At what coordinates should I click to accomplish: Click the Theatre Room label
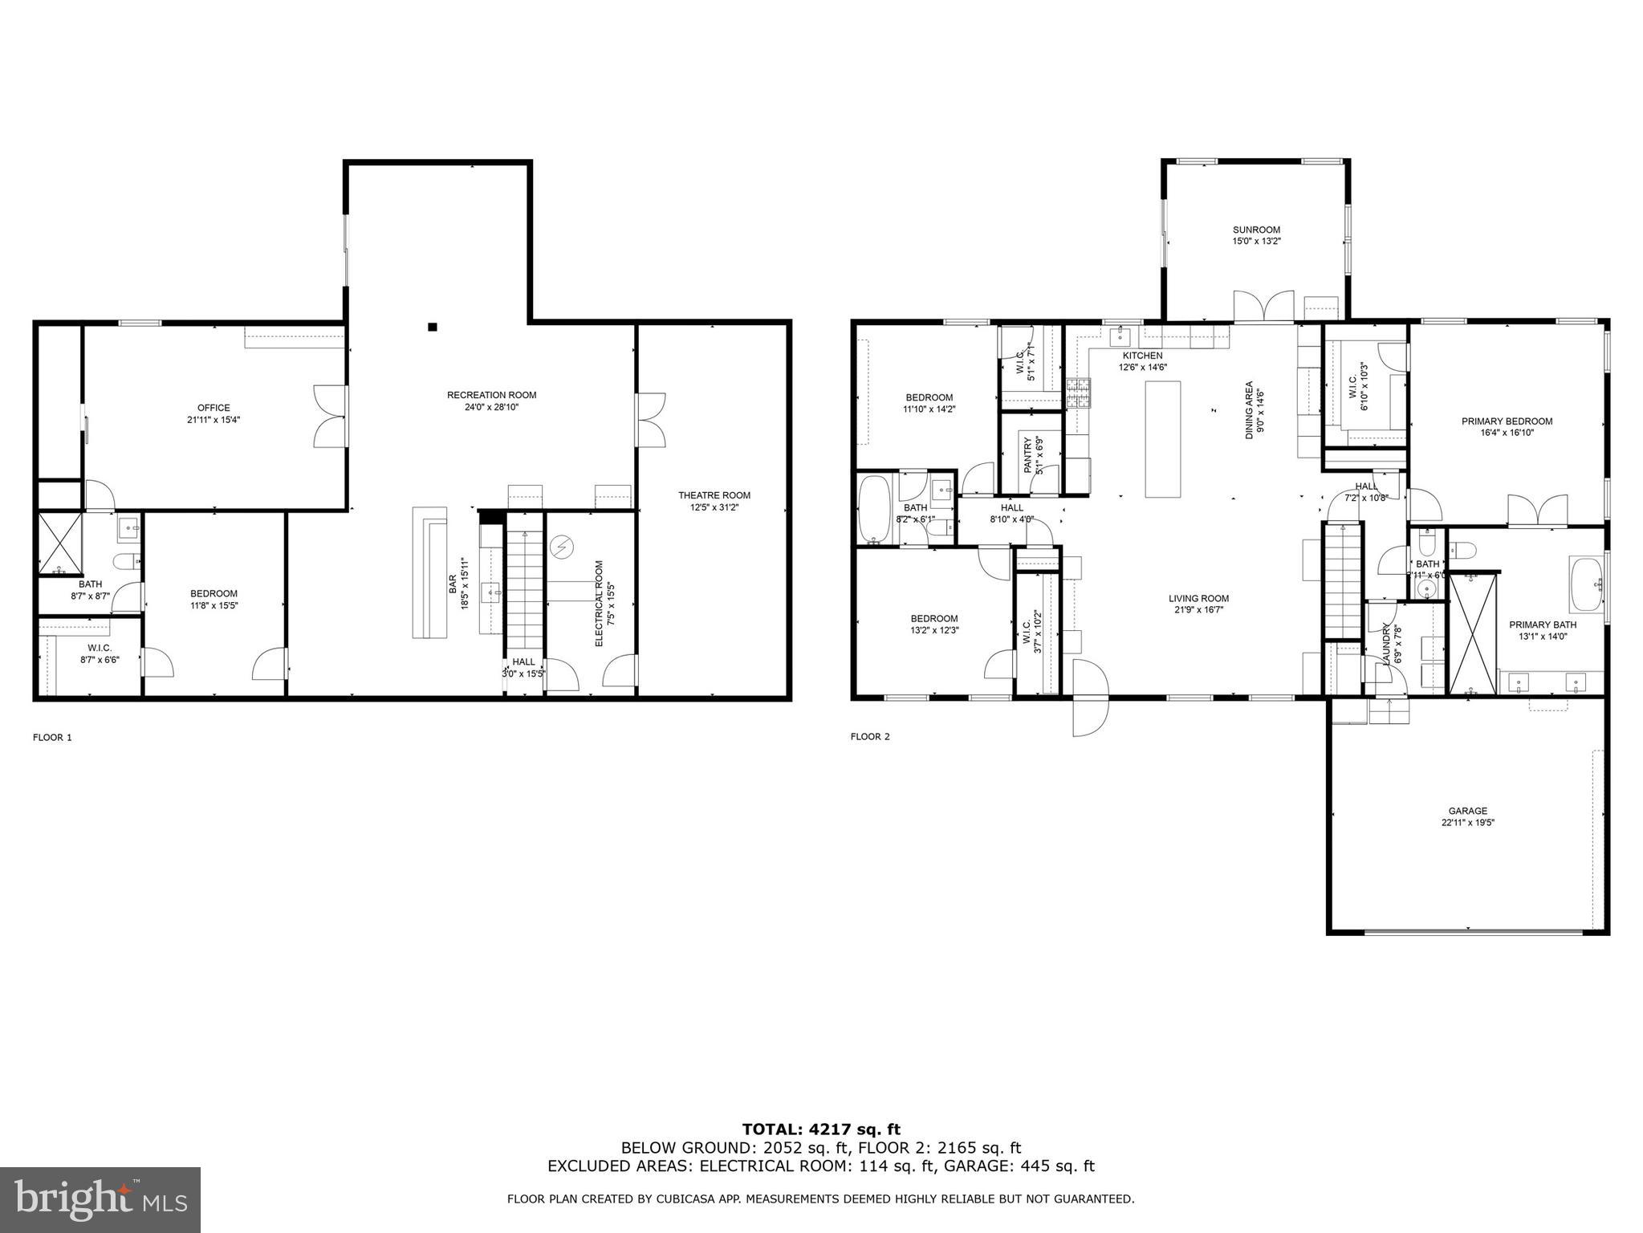(x=714, y=495)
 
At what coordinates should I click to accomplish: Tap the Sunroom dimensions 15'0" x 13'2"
(x=1256, y=241)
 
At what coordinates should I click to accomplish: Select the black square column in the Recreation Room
(x=432, y=327)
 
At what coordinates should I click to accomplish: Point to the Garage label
(x=1467, y=811)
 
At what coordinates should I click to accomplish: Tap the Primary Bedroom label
(x=1507, y=421)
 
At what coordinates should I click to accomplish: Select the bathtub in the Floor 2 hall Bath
(x=874, y=509)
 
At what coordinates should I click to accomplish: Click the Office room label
(x=214, y=408)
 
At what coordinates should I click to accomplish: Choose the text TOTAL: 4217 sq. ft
(x=820, y=1129)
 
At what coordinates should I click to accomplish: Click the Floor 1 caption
(x=52, y=737)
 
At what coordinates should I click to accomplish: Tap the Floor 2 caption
(x=870, y=736)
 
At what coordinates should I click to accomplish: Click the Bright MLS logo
(x=100, y=1199)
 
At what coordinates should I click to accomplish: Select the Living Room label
(x=1198, y=598)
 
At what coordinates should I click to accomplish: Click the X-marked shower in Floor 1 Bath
(x=60, y=544)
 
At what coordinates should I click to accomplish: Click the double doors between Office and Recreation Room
(x=331, y=416)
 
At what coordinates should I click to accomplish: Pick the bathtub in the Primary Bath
(x=1585, y=584)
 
